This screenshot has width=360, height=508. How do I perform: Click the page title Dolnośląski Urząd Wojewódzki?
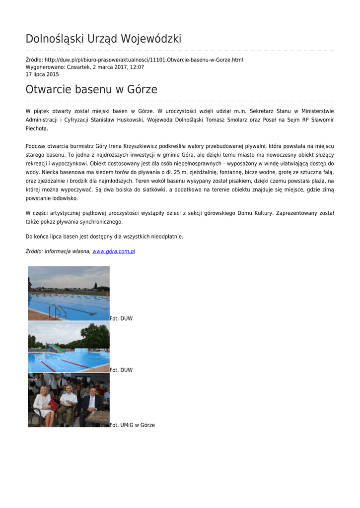click(x=103, y=39)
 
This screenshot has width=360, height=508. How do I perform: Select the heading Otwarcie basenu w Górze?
click(x=91, y=90)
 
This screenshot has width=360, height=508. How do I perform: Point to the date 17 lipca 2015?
click(x=42, y=74)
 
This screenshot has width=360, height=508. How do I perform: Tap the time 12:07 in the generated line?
click(x=138, y=67)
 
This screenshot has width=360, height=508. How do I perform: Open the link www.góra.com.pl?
click(x=114, y=252)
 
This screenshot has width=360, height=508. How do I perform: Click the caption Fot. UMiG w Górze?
click(x=133, y=425)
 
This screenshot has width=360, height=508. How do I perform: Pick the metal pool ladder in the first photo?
click(x=58, y=312)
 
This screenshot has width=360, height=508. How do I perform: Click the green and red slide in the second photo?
click(x=56, y=348)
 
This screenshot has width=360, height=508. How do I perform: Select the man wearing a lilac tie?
click(x=91, y=404)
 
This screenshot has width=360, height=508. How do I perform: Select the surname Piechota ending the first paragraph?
click(x=37, y=128)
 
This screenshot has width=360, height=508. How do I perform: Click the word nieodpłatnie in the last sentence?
click(x=164, y=237)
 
